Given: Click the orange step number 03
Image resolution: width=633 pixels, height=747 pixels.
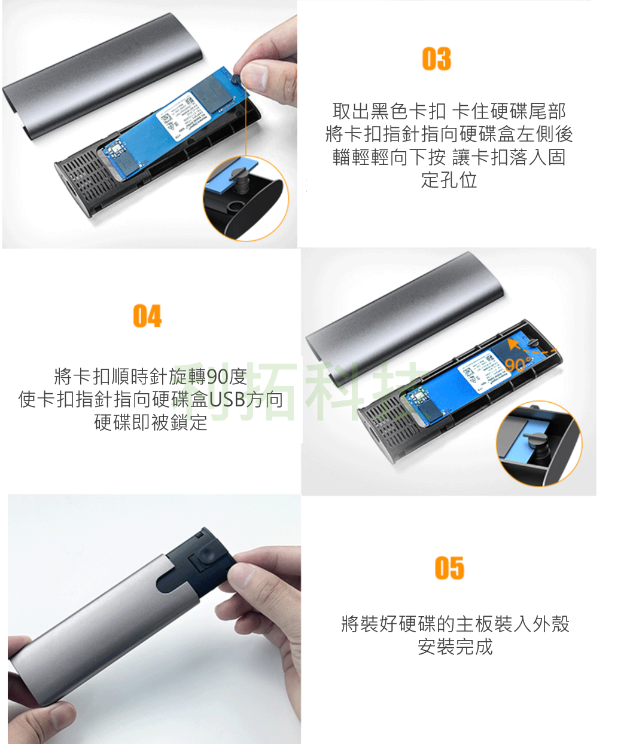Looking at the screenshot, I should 436,59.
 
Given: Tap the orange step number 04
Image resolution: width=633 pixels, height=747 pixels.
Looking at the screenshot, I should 147,316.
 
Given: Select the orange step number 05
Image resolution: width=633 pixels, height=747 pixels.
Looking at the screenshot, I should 449,568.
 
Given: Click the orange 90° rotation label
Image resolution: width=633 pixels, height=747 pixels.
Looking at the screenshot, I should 516,365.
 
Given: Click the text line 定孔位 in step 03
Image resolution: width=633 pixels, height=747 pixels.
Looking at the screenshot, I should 449,179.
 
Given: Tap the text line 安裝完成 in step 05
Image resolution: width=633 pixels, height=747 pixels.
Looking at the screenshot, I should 455,647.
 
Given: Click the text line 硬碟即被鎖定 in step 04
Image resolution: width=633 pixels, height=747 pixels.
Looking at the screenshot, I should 151,422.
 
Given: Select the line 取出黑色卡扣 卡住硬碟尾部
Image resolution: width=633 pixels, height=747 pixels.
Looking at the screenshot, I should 449,111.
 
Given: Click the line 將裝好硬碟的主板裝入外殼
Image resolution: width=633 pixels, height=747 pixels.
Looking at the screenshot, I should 455,624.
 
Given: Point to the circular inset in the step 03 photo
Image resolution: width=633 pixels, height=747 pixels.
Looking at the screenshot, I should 245,199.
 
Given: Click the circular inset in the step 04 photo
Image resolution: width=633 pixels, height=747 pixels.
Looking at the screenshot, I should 538,443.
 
